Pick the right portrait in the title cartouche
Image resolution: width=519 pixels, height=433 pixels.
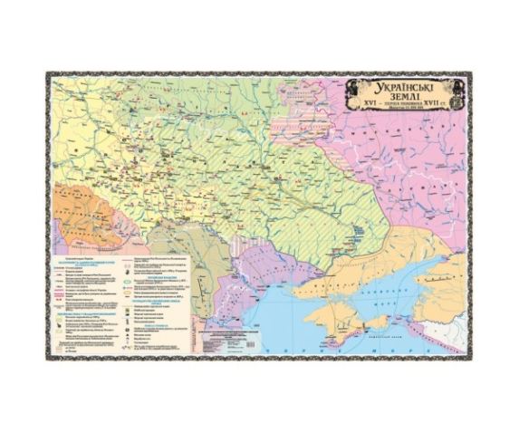tap(457, 91)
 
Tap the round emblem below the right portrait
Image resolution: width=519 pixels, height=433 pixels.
tap(457, 106)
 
